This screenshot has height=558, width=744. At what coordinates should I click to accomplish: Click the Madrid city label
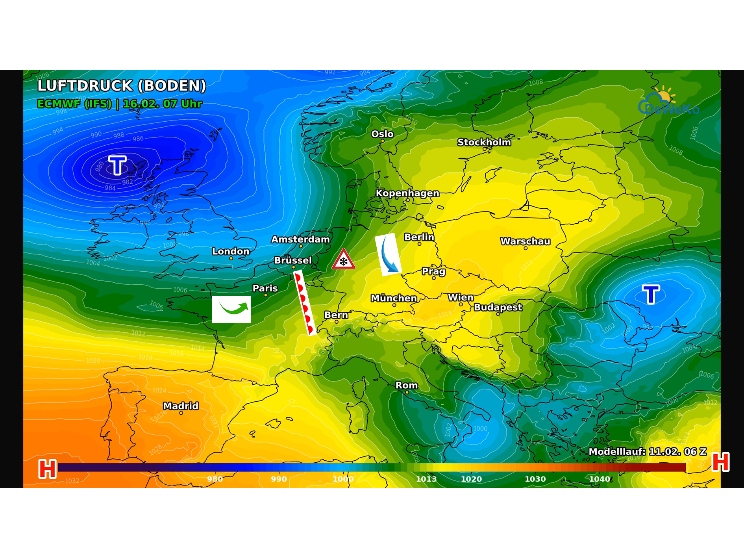[181, 406]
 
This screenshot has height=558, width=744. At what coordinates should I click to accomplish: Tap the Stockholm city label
[484, 142]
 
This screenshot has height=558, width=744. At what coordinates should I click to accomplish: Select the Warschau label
[525, 241]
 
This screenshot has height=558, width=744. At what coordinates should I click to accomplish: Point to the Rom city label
[406, 385]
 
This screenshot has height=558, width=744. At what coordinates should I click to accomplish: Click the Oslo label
[382, 134]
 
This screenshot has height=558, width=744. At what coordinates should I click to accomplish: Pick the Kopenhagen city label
[407, 193]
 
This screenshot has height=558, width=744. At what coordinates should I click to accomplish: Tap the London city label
[231, 251]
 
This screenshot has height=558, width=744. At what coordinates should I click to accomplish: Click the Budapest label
[498, 307]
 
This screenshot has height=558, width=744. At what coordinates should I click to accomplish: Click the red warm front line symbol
[305, 302]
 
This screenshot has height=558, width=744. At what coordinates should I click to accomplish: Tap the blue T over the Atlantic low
[117, 165]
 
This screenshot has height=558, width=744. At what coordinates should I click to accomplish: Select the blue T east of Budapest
[651, 294]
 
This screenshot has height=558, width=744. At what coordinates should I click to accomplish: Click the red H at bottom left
[47, 469]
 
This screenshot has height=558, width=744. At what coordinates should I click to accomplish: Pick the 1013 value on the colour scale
[426, 479]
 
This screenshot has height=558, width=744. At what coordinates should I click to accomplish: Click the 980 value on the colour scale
[215, 479]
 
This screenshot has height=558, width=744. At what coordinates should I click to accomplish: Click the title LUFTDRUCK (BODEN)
[122, 85]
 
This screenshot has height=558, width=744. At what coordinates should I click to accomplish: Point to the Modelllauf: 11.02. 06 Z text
[647, 451]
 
